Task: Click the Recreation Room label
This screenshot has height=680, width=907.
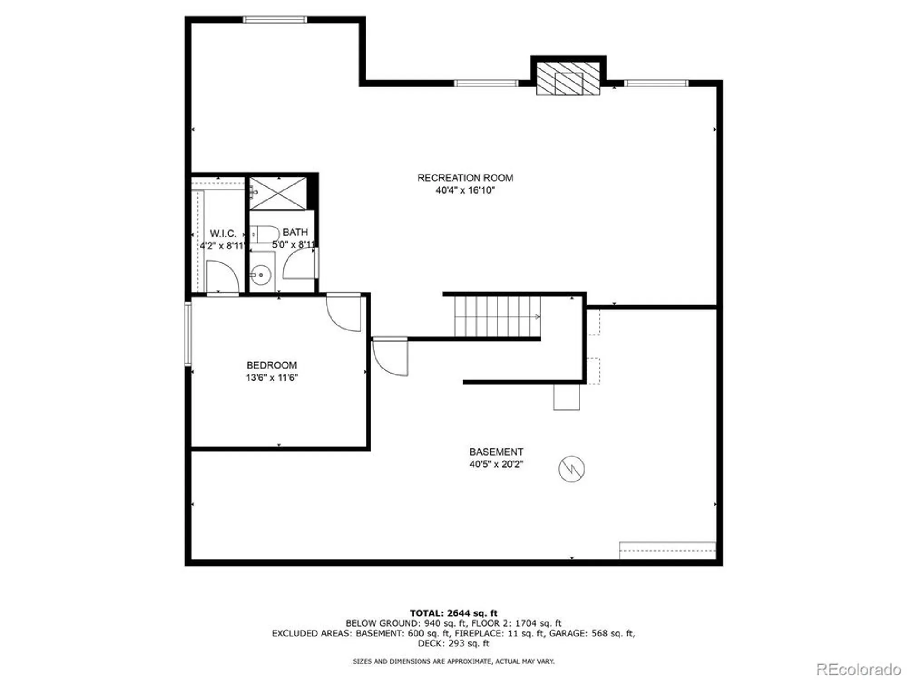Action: tap(465, 178)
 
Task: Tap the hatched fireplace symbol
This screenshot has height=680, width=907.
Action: tap(568, 78)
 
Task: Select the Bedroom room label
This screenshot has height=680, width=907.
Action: tap(272, 365)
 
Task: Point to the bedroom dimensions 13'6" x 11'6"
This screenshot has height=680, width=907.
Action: tap(272, 378)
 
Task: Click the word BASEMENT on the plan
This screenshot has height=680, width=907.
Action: tap(496, 452)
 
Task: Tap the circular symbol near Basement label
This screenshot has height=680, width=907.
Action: tap(571, 469)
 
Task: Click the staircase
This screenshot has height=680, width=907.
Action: tap(497, 316)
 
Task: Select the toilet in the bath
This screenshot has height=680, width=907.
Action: tap(265, 234)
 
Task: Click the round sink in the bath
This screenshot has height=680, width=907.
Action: tap(261, 275)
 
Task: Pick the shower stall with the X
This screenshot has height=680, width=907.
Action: tap(278, 194)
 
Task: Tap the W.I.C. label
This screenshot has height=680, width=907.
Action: tap(223, 233)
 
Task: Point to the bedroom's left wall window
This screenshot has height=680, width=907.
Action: tap(188, 334)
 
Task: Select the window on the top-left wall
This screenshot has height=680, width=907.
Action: tap(275, 19)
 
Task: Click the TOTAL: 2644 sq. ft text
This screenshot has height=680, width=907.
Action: tap(453, 613)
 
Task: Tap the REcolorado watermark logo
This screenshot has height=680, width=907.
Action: tap(858, 669)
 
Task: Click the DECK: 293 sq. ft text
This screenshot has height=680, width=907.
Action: tap(453, 644)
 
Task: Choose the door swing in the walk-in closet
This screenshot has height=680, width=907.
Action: tap(222, 277)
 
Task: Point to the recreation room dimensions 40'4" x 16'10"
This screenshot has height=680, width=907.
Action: tap(465, 190)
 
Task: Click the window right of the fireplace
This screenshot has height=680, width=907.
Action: tap(656, 83)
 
